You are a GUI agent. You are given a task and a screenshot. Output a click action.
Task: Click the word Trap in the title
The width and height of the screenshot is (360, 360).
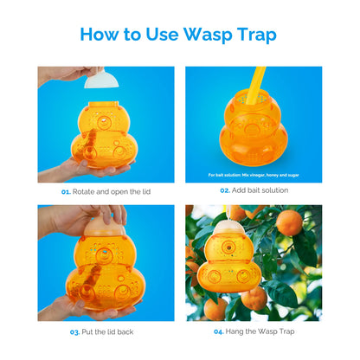point(257,35)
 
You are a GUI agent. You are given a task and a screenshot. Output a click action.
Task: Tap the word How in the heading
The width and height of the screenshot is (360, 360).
point(100,34)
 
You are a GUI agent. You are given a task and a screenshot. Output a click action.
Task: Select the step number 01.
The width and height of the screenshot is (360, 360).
point(66,192)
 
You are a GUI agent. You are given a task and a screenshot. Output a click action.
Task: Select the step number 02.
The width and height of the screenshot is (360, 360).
point(225,190)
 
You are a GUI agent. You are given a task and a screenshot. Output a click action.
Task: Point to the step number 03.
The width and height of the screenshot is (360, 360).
point(74,332)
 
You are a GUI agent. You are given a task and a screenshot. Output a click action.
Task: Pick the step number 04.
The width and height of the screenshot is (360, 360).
point(219,331)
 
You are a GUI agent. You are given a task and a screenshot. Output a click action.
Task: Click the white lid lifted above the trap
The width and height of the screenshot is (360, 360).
point(101,80)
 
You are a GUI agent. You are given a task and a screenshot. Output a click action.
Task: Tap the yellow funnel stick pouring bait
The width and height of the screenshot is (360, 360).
point(254,85)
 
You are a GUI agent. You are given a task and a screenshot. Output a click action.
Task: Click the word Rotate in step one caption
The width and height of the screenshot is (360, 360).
point(83,191)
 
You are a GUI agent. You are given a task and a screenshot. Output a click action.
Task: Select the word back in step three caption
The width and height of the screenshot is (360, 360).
point(125,331)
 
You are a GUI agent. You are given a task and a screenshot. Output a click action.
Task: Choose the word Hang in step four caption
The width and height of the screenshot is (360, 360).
point(235,331)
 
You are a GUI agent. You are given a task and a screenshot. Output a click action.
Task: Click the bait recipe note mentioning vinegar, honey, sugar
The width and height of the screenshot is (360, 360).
point(254,175)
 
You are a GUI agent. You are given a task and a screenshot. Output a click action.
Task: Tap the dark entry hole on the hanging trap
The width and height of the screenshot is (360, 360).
point(228,247)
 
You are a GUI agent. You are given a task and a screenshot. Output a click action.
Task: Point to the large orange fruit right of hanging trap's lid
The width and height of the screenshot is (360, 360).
point(289,223)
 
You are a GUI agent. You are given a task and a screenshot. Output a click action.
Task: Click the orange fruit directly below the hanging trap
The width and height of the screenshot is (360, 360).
point(254,299)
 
